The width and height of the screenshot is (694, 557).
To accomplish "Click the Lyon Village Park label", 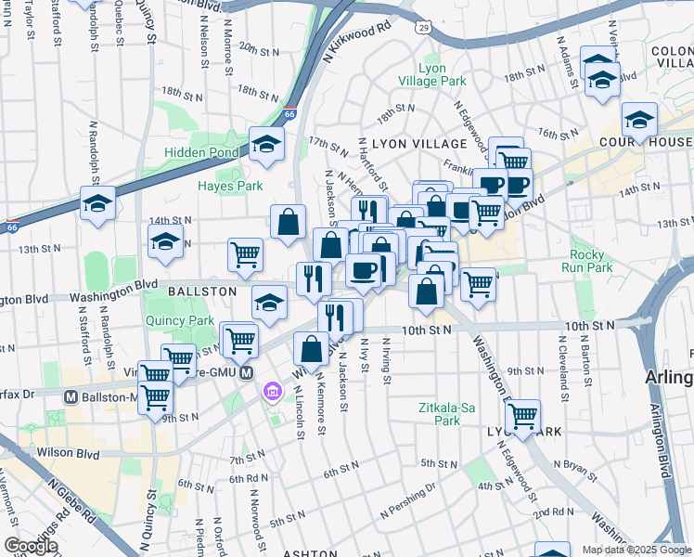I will [x=442, y=74].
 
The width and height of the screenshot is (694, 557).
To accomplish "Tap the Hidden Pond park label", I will [x=202, y=152].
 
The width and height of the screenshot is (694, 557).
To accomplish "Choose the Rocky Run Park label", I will [x=592, y=260].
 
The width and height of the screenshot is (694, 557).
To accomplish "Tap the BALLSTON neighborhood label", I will [x=201, y=291].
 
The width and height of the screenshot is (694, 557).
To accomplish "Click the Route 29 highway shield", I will [x=423, y=30].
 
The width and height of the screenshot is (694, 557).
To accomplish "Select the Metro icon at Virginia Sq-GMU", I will [x=247, y=373].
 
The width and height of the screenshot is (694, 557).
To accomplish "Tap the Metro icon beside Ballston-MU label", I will [x=71, y=396].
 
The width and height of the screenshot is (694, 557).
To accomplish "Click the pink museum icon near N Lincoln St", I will [x=270, y=390].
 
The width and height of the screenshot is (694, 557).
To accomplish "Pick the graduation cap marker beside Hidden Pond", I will [x=266, y=144].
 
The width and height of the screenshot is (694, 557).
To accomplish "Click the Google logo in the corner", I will [x=31, y=546].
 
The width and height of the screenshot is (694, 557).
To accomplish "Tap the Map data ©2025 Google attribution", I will [x=636, y=550].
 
